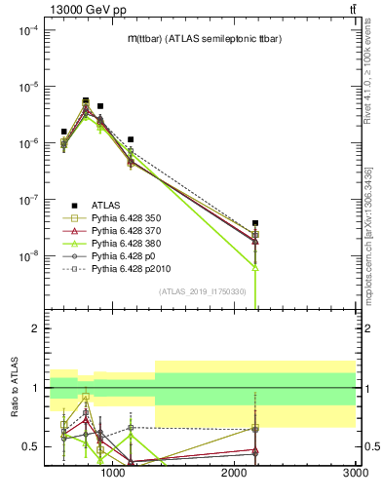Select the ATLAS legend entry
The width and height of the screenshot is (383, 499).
coord(106,204)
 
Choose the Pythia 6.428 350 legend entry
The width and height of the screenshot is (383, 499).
coord(131,217)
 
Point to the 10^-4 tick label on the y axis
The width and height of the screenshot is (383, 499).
coord(26,30)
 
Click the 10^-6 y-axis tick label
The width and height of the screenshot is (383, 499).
coord(26,143)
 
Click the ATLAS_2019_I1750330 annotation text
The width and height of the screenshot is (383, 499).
coord(203,291)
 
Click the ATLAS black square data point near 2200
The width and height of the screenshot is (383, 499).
coord(255,223)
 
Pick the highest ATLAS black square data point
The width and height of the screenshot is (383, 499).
coord(86,100)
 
